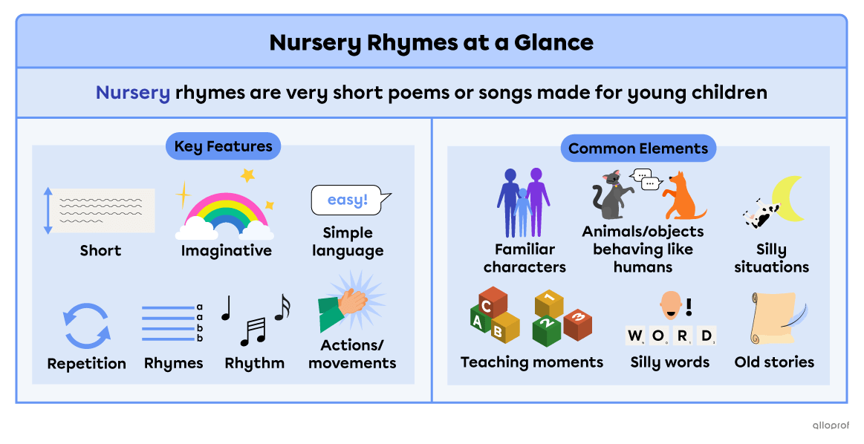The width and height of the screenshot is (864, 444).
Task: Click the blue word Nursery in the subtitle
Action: pyautogui.click(x=133, y=94)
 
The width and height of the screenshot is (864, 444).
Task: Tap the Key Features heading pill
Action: pyautogui.click(x=223, y=147)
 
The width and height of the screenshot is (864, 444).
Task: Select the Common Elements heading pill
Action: pyautogui.click(x=638, y=148)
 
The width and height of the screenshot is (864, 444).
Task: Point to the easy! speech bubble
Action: pyautogui.click(x=348, y=200)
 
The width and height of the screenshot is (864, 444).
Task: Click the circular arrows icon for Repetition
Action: pyautogui.click(x=86, y=325)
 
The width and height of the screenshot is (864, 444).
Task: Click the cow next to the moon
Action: pyautogui.click(x=759, y=215)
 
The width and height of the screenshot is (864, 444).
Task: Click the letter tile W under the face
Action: pyautogui.click(x=635, y=336)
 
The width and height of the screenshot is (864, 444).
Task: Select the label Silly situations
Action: pyautogui.click(x=771, y=258)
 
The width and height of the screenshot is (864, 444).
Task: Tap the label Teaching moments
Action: pyautogui.click(x=532, y=362)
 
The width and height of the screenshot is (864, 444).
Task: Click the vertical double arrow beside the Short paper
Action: pyautogui.click(x=48, y=211)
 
